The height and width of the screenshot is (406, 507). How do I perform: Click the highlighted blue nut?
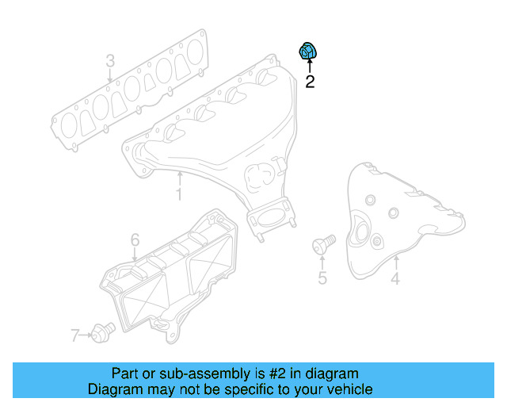pos(307,52)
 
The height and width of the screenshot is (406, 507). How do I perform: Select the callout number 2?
pos(310,81)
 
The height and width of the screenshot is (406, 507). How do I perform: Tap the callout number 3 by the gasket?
pos(110,61)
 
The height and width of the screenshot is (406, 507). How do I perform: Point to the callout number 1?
pos(179,193)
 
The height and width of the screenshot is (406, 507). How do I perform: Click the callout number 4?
pos(395,278)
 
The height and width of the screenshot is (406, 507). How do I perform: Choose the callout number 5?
pos(322,278)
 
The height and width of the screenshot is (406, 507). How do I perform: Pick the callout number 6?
pos(135,239)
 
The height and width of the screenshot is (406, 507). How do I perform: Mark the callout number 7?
pos(75,336)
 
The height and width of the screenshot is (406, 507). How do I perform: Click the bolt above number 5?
pos(324,243)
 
